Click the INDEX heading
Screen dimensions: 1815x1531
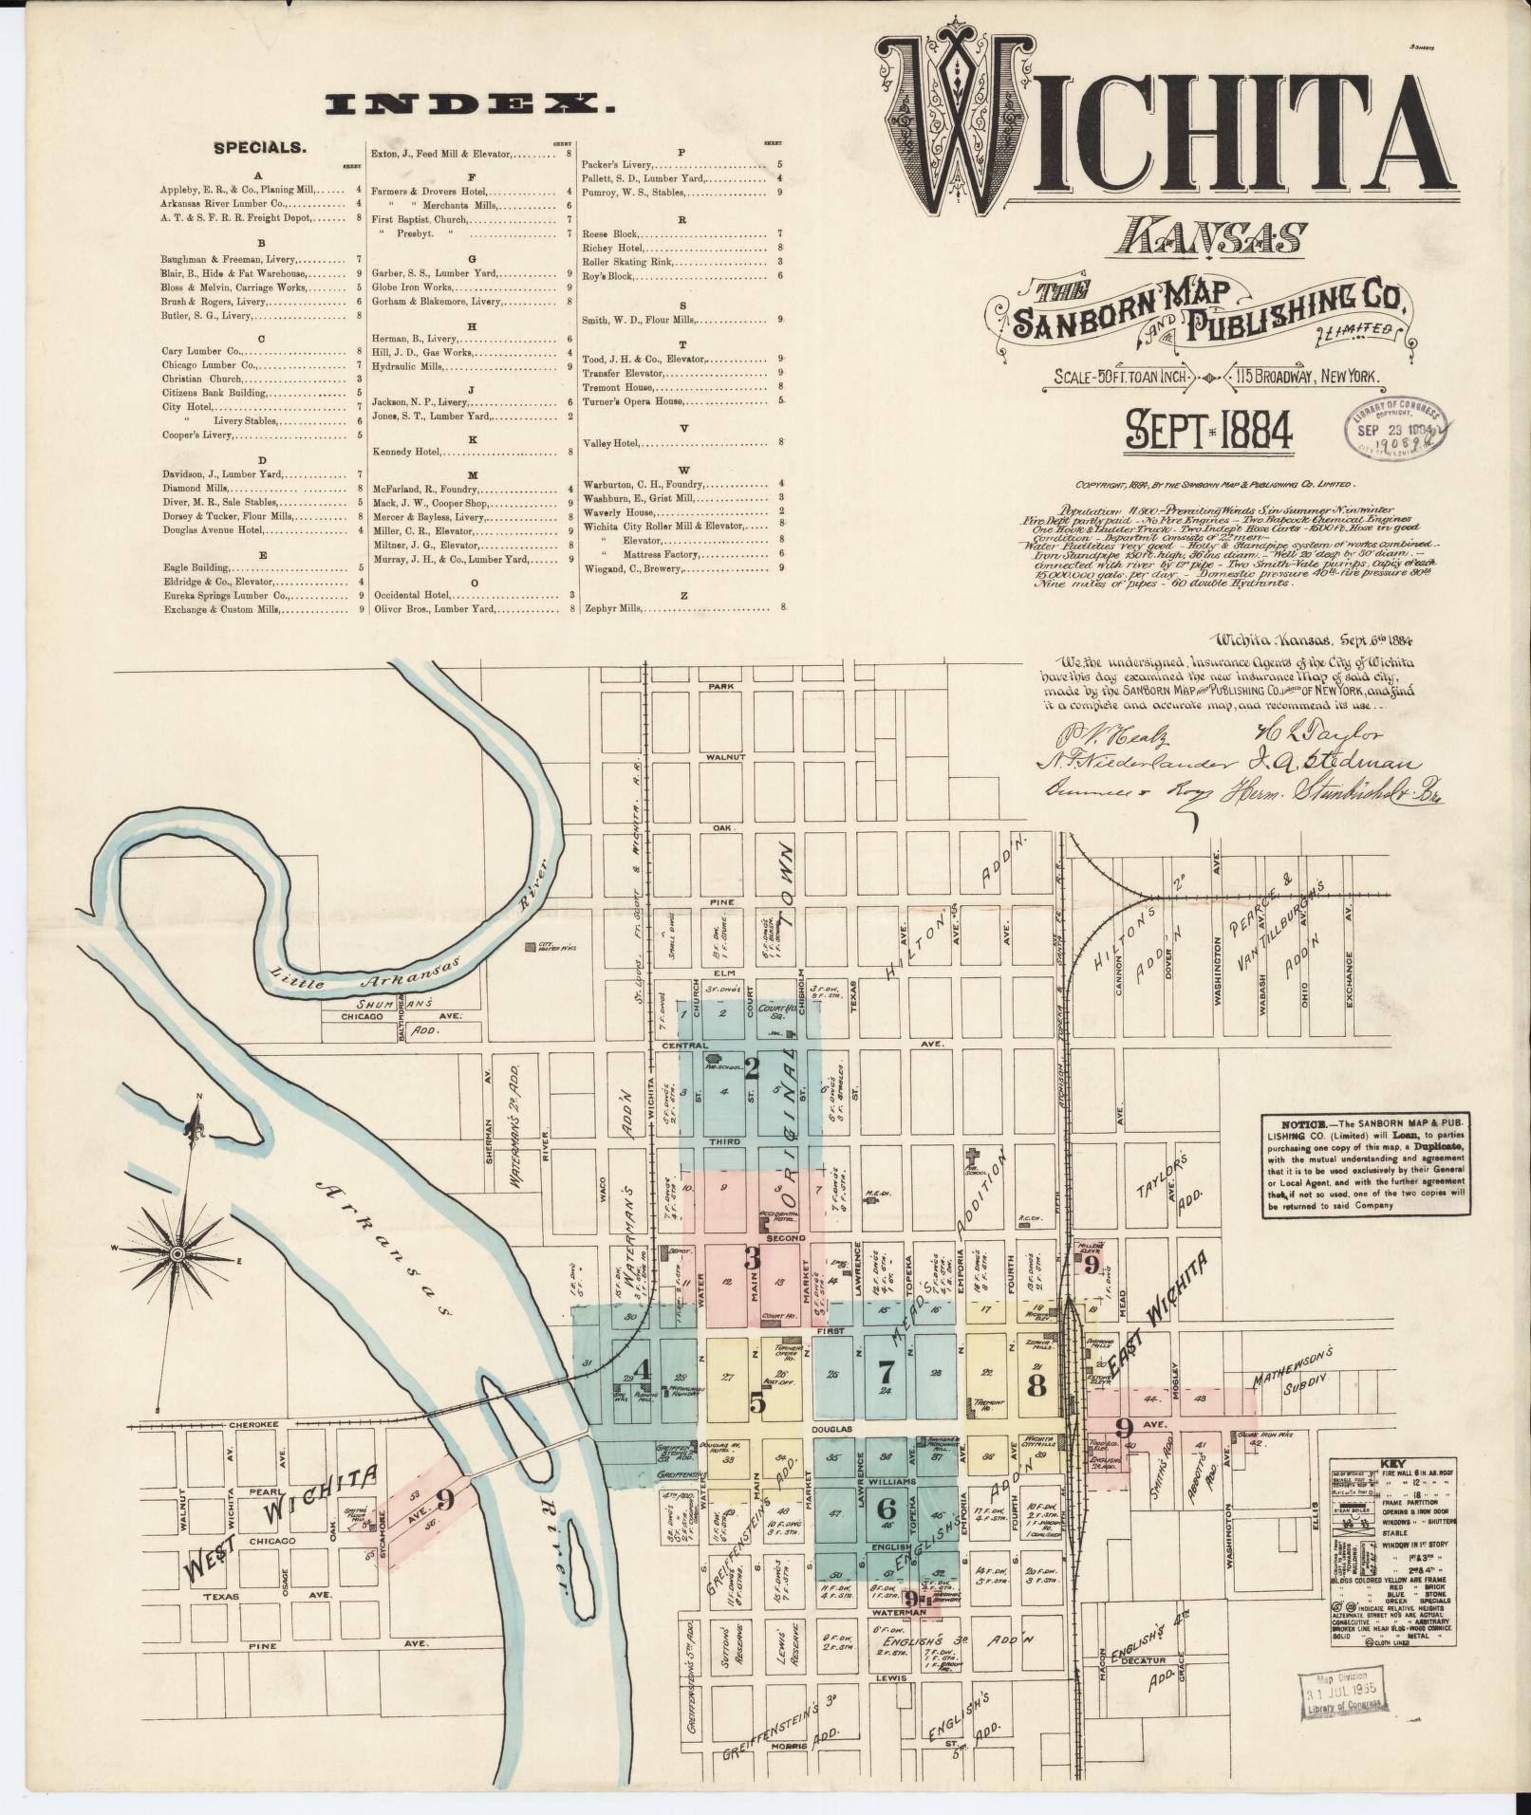(469, 104)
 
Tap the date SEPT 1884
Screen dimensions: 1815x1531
(1208, 431)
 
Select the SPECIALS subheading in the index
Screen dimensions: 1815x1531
(259, 148)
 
